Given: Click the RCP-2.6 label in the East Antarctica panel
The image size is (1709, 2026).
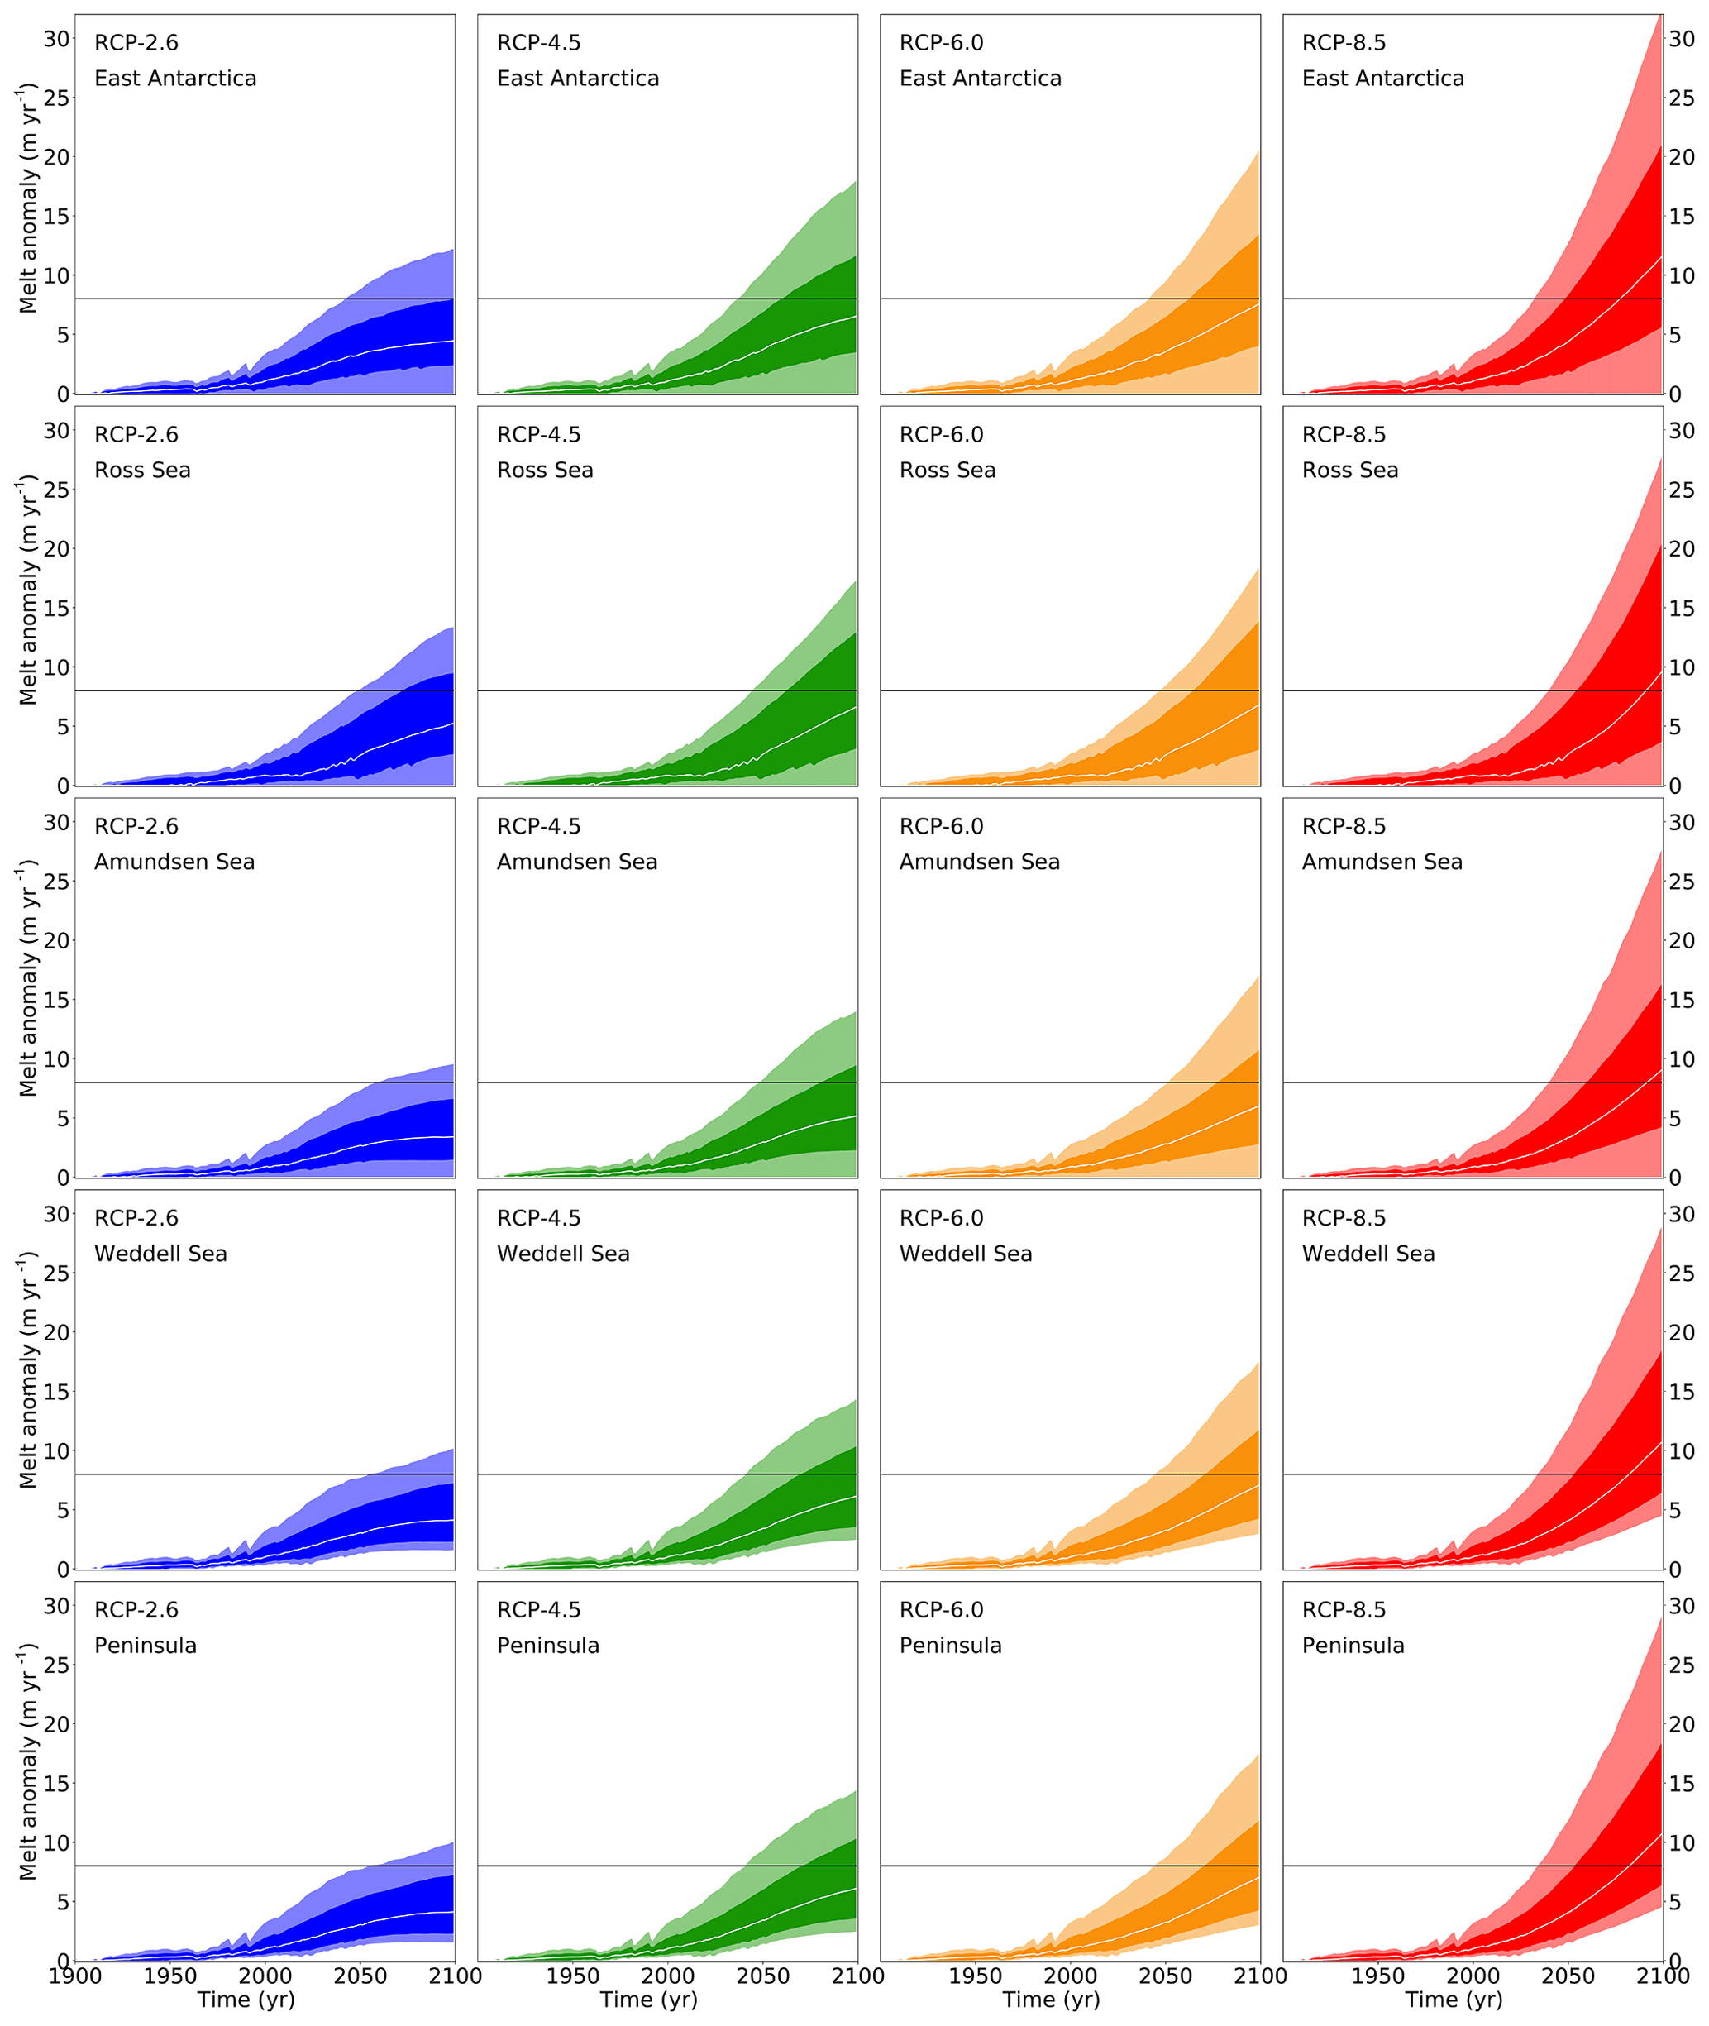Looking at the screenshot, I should (x=136, y=43).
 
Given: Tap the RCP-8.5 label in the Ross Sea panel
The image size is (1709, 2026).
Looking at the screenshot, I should (x=1344, y=435).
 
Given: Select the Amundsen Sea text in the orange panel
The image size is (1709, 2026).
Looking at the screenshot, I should (x=980, y=862).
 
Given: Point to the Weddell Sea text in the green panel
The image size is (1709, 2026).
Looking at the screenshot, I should (x=563, y=1254).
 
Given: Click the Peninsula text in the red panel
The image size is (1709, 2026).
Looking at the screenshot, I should (x=1353, y=1646).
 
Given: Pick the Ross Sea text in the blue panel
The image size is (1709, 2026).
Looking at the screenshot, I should (x=142, y=471).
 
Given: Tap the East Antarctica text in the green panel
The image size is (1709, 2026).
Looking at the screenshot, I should (x=577, y=79).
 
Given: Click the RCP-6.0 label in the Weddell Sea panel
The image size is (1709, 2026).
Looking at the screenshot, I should (x=941, y=1218).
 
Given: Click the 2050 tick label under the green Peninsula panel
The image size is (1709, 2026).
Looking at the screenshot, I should (x=762, y=1976).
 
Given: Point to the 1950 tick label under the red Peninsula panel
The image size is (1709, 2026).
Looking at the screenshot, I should (x=1377, y=1976).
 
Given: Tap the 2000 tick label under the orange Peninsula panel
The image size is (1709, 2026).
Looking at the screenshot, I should (x=1071, y=1976).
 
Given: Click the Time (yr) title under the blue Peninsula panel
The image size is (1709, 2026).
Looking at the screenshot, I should (x=246, y=2000).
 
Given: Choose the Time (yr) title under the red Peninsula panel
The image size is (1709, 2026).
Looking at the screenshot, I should (x=1454, y=2000).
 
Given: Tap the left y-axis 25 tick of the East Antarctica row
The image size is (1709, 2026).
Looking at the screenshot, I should (x=56, y=98).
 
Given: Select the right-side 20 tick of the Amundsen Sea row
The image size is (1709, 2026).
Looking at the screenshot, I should (x=1682, y=941).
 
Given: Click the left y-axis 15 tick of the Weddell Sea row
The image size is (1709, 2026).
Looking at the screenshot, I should (x=56, y=1392).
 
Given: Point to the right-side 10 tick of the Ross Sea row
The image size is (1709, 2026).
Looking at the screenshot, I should (x=1682, y=667).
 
